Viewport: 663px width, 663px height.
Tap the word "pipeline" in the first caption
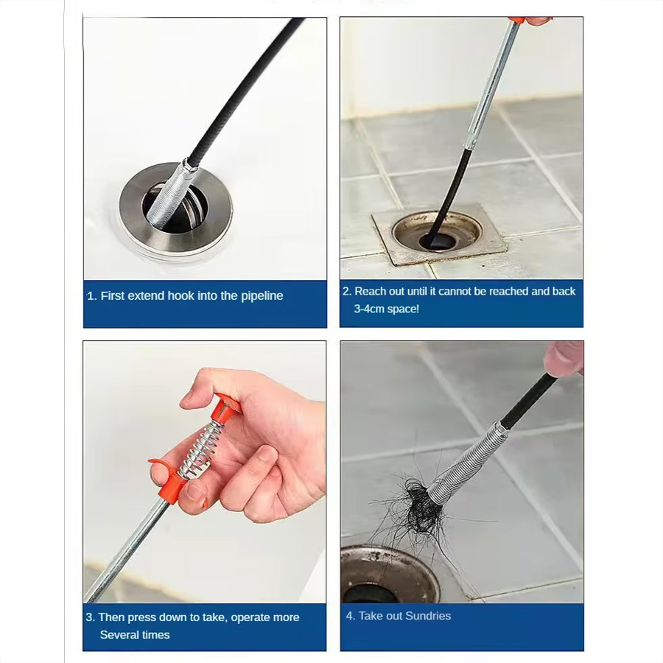(262, 296)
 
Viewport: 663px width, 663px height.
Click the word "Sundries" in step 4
(427, 616)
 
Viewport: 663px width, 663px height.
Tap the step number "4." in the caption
(351, 616)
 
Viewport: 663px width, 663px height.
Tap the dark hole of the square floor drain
(438, 241)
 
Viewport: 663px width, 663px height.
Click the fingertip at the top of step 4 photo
(564, 359)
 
